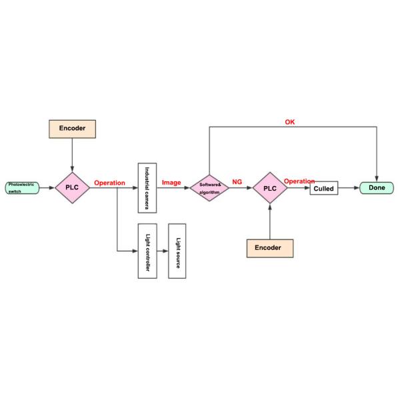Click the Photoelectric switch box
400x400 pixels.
(22, 188)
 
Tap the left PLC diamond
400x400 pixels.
(72, 188)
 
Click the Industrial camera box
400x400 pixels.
(147, 187)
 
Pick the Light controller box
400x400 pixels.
(147, 251)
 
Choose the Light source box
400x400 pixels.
(177, 251)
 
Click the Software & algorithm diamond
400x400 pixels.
(210, 188)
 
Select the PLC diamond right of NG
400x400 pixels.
(270, 189)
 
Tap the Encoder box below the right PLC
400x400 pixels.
(270, 247)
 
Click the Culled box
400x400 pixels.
(324, 189)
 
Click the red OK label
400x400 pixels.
(290, 122)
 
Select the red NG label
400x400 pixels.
(237, 182)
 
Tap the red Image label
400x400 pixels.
(171, 182)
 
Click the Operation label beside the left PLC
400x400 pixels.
(109, 182)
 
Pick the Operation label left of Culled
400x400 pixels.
(299, 181)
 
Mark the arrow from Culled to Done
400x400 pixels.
(349, 189)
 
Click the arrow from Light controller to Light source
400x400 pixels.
(162, 251)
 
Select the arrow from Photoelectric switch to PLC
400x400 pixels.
(47, 188)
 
